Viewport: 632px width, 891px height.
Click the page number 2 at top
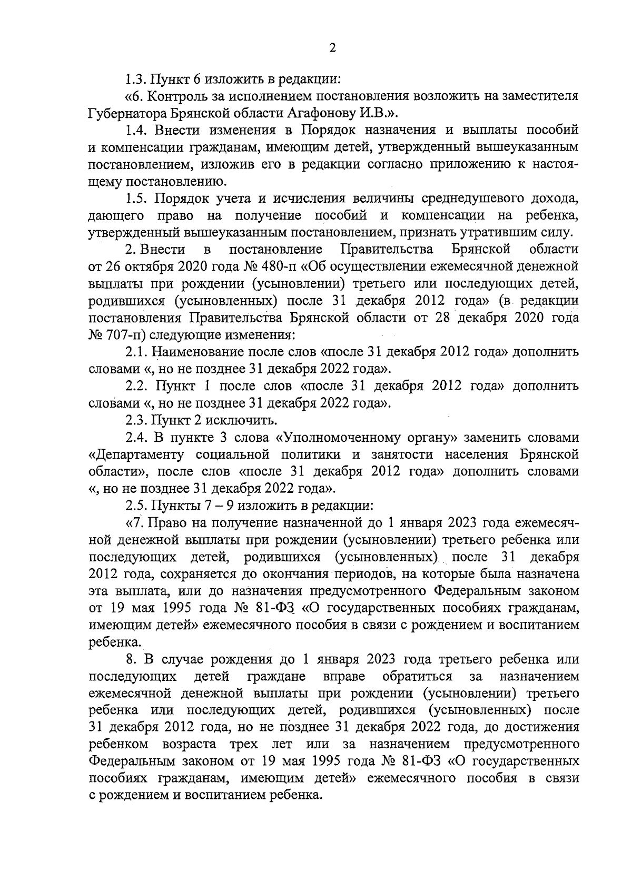tap(332, 48)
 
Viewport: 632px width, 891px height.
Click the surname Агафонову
tap(321, 113)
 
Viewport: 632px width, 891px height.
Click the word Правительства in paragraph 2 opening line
tap(387, 249)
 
